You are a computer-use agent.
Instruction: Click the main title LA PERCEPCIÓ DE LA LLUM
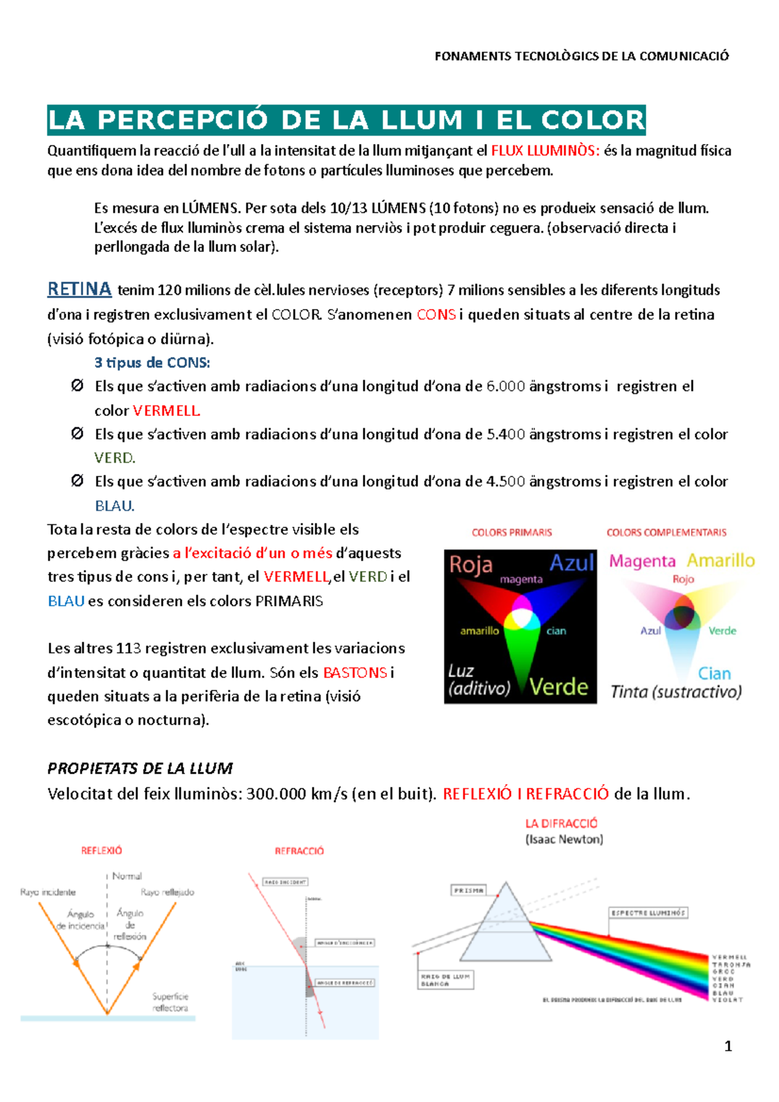346,120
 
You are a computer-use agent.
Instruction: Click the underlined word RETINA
79,289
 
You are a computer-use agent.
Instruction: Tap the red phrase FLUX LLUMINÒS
545,151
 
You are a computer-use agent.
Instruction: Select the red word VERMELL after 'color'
166,411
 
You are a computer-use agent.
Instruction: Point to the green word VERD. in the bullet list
114,458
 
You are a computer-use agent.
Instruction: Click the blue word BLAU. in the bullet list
114,506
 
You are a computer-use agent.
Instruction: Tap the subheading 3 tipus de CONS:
152,363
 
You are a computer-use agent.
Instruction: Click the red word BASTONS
355,672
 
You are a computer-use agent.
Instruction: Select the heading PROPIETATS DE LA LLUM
140,768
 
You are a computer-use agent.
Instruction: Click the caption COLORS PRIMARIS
512,532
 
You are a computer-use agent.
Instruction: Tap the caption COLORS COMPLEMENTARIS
666,532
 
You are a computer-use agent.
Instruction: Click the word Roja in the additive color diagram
471,565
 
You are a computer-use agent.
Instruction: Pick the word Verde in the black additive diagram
558,687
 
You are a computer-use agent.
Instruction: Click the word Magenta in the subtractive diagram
642,561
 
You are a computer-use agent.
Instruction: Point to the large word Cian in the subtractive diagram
714,674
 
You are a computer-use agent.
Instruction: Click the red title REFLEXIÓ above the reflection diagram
101,850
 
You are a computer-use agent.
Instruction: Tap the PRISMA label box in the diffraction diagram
469,890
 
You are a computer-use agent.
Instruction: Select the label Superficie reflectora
170,1002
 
